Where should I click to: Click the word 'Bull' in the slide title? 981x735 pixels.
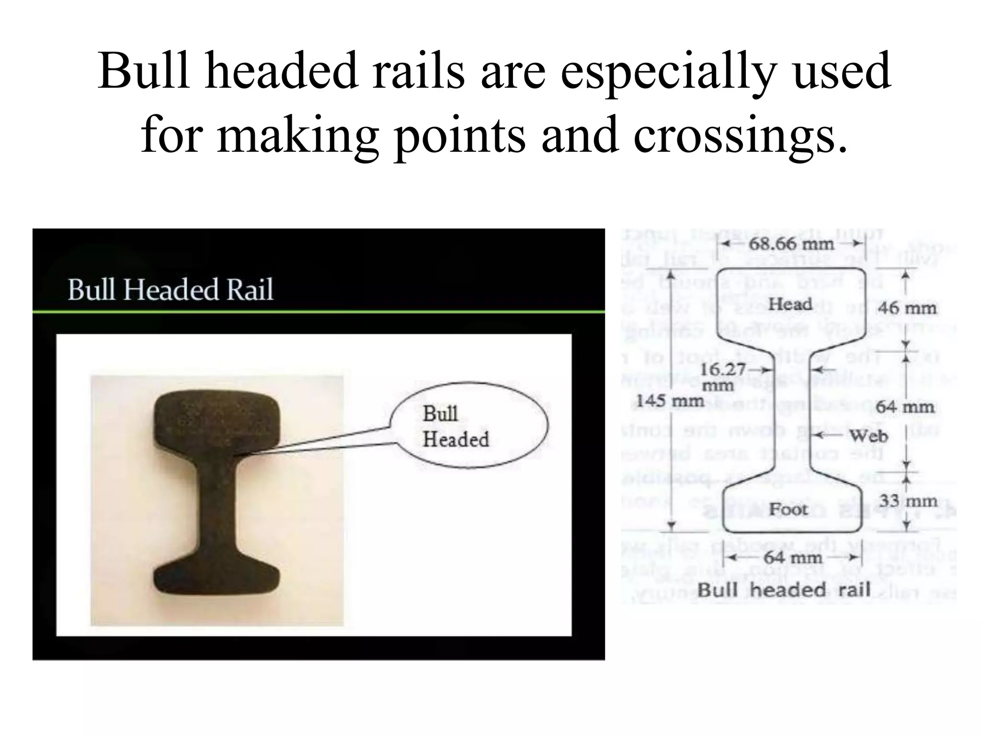(x=144, y=71)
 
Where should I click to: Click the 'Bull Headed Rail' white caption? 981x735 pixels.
(x=170, y=290)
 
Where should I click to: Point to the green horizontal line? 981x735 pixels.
(x=319, y=312)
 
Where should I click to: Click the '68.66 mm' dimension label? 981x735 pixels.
(x=791, y=244)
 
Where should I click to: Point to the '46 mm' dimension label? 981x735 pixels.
(x=907, y=308)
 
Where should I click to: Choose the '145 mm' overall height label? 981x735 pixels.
(x=670, y=401)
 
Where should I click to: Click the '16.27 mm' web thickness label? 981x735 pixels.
(x=722, y=377)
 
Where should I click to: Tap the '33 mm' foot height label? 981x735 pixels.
(x=908, y=501)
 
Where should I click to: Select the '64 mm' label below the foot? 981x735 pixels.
(x=793, y=557)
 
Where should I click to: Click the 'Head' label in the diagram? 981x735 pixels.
(x=790, y=304)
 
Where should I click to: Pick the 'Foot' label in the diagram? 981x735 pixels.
(x=788, y=509)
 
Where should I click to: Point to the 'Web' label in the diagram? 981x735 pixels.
(x=868, y=436)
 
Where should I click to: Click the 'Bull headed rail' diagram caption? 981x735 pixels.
(x=783, y=590)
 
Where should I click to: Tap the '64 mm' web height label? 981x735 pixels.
(x=905, y=407)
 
